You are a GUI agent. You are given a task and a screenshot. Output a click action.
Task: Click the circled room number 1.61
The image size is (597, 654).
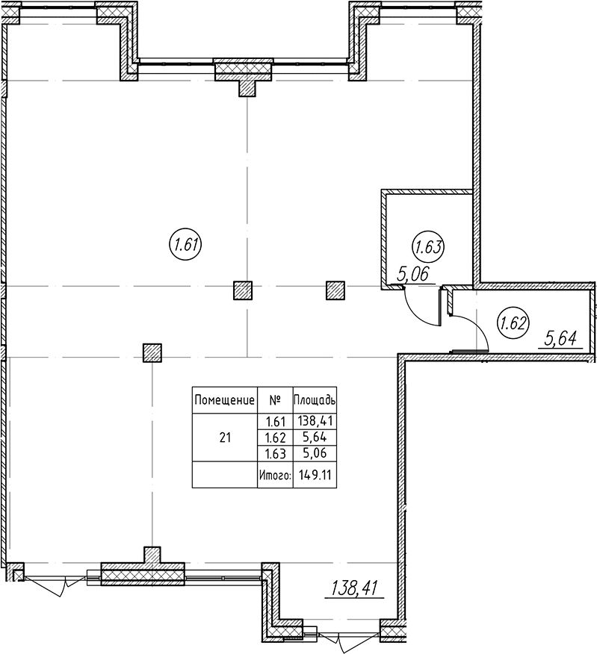pos(185,245)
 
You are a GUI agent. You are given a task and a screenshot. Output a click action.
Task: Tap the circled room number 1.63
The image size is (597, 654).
pos(428,247)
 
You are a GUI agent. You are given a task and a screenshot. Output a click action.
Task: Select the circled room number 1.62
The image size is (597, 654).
pos(513,323)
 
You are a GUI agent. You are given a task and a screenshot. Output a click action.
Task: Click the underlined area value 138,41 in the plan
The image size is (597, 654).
pos(354,588)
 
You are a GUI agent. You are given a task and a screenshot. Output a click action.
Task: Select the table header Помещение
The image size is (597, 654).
pos(225,401)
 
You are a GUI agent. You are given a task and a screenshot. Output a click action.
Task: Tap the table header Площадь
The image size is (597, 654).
pos(315,400)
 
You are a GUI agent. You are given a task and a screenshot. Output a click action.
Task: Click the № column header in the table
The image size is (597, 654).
pos(275,401)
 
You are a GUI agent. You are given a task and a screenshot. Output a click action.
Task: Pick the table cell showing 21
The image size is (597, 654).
pos(225,437)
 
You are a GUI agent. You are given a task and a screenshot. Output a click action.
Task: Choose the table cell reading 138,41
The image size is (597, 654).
pos(315,420)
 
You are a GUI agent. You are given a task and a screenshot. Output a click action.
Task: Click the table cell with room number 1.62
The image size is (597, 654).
pos(276,437)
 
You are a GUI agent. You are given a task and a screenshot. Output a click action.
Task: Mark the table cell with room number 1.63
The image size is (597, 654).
pos(276,453)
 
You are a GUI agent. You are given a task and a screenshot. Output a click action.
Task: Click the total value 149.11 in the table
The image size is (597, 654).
pos(315,475)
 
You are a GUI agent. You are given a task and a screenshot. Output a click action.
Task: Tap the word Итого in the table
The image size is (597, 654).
pos(275,475)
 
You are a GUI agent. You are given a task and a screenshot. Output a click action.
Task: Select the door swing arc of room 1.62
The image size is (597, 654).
pos(476,328)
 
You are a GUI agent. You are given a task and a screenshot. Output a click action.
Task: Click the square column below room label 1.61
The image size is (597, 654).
pos(243,290)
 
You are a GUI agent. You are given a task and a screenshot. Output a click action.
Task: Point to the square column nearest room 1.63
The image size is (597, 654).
pos(335,290)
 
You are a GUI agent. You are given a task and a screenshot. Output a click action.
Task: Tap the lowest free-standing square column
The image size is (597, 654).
pos(152,353)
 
